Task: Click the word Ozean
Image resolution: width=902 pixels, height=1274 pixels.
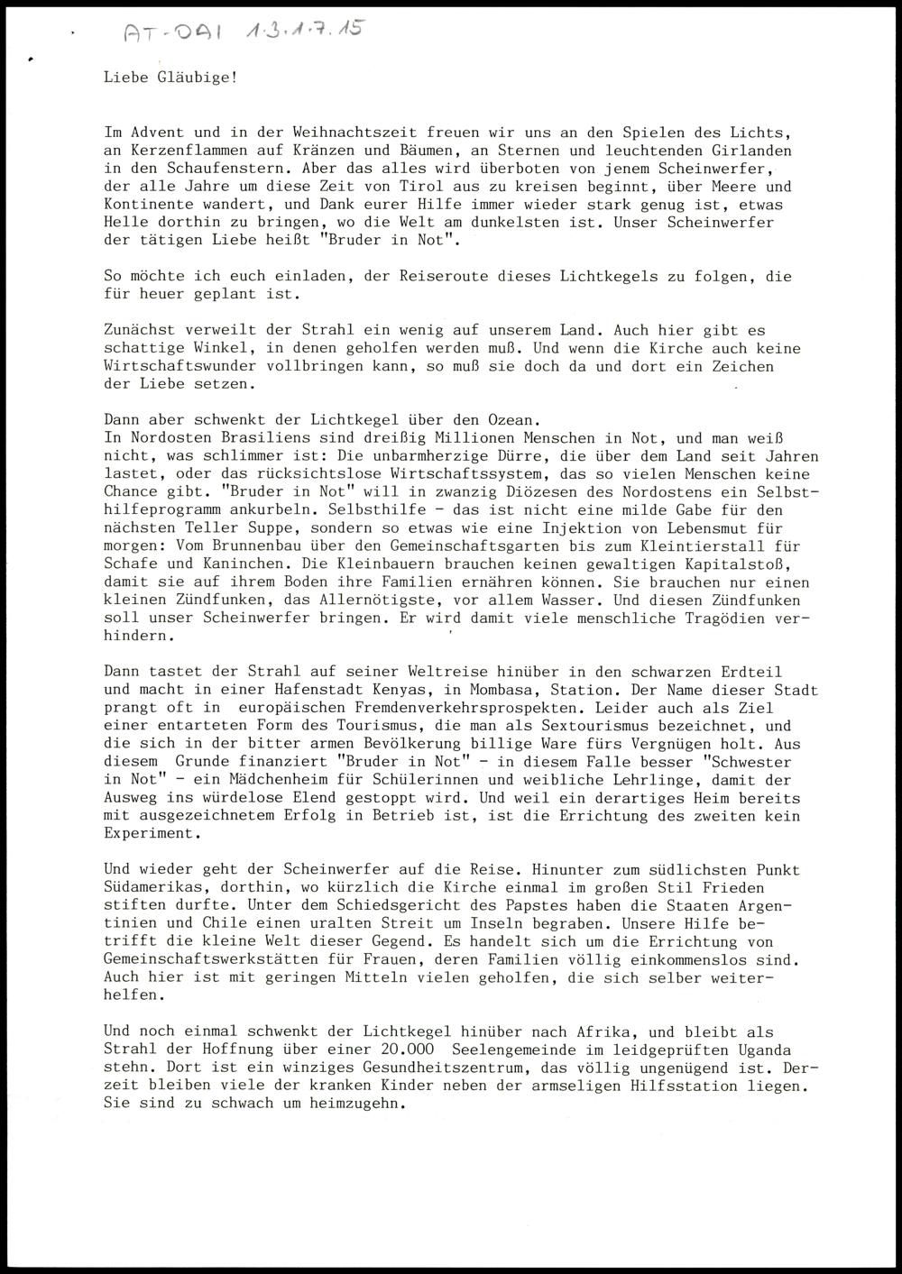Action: [515, 419]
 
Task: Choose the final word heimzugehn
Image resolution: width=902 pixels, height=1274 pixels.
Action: [360, 1104]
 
